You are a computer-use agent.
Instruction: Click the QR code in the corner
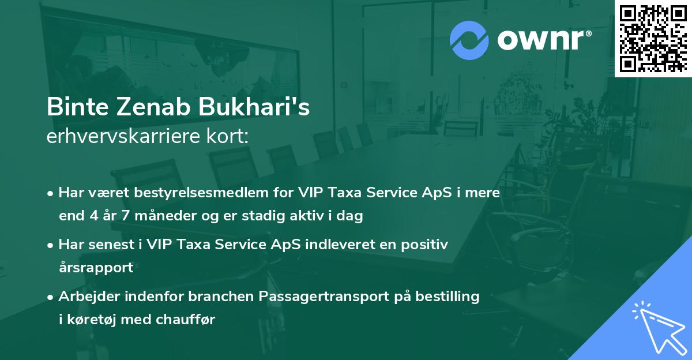point(653,38)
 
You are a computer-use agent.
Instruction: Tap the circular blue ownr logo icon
point(469,40)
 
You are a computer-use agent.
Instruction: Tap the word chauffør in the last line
point(185,320)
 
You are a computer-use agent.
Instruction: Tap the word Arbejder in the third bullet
point(85,297)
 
